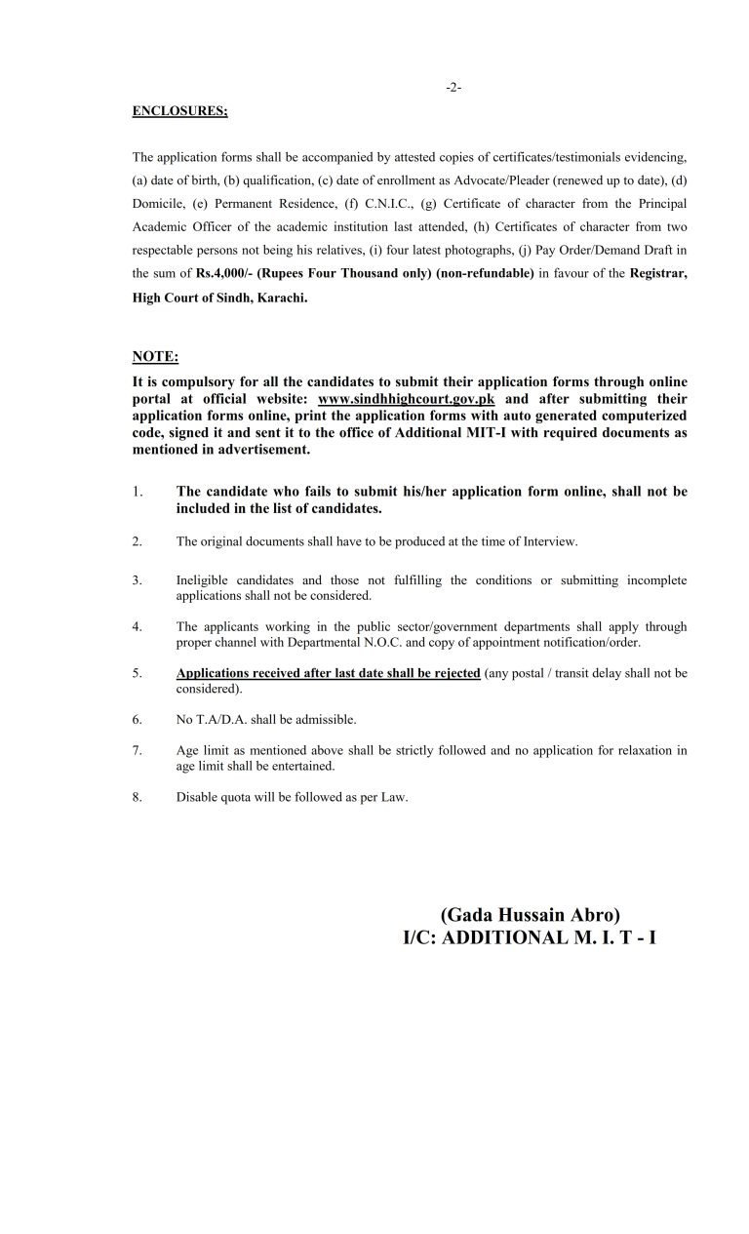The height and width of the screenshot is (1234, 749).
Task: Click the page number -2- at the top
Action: pos(453,87)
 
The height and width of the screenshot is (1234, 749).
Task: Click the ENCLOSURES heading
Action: pos(179,111)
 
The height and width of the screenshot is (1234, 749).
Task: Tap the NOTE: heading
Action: pos(155,358)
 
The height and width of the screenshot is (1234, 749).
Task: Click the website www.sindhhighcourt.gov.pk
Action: pos(407,399)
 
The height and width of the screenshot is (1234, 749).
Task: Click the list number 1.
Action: pos(138,492)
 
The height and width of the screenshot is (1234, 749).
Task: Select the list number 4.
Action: pos(138,626)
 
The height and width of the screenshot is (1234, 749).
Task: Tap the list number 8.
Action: pos(138,797)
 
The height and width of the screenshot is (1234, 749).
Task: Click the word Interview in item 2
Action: pos(552,541)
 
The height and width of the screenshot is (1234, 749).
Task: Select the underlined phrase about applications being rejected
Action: pos(328,673)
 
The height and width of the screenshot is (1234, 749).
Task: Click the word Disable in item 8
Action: pos(195,797)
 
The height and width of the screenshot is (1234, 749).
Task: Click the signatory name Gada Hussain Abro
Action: pos(530,915)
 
